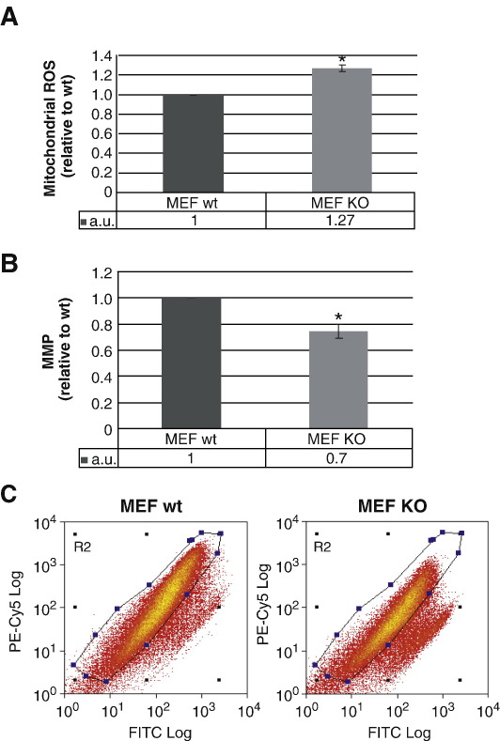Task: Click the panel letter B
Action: [12, 259]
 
